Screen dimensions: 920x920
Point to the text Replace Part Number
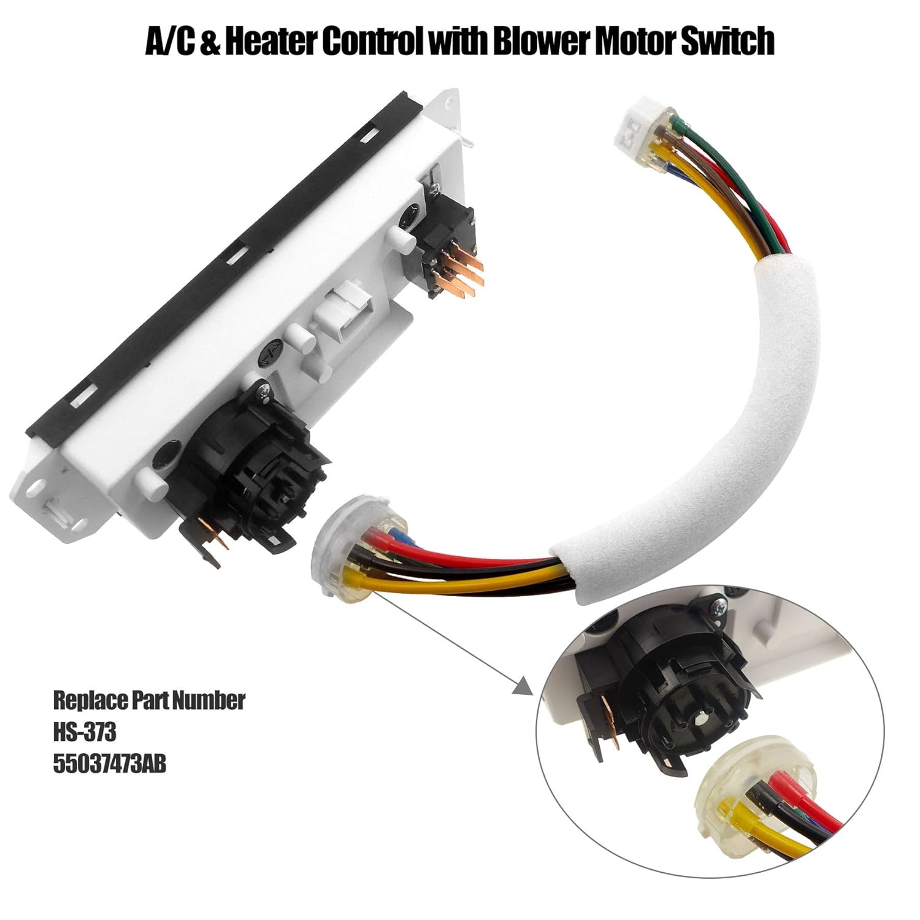click(x=149, y=700)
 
